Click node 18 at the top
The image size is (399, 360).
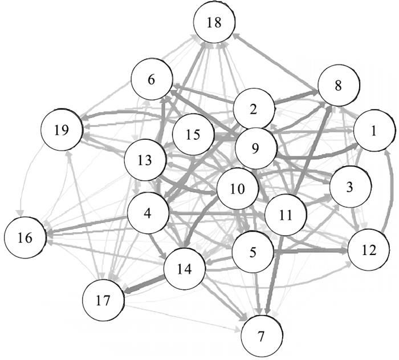214,23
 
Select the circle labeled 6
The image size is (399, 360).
152,80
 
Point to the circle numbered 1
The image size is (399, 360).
374,131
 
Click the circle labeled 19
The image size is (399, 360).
62,129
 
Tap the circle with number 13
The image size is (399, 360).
146,160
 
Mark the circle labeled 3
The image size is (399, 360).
349,187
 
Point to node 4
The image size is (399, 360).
148,214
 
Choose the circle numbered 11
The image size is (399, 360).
287,215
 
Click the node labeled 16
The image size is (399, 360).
25,237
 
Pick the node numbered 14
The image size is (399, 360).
185,268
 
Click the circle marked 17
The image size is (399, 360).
103,300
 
